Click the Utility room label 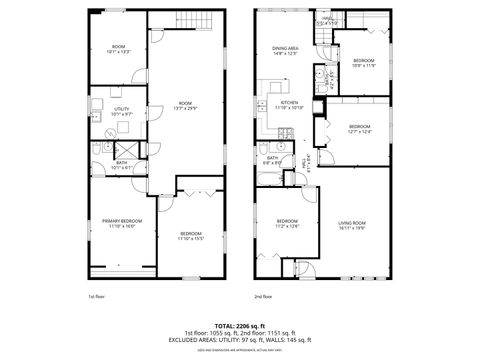(121, 111)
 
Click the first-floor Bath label (121, 165)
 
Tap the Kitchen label (290, 104)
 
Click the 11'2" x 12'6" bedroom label (287, 223)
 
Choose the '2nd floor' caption (263, 297)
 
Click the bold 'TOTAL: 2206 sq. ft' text (239, 326)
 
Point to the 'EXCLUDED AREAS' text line (239, 340)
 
